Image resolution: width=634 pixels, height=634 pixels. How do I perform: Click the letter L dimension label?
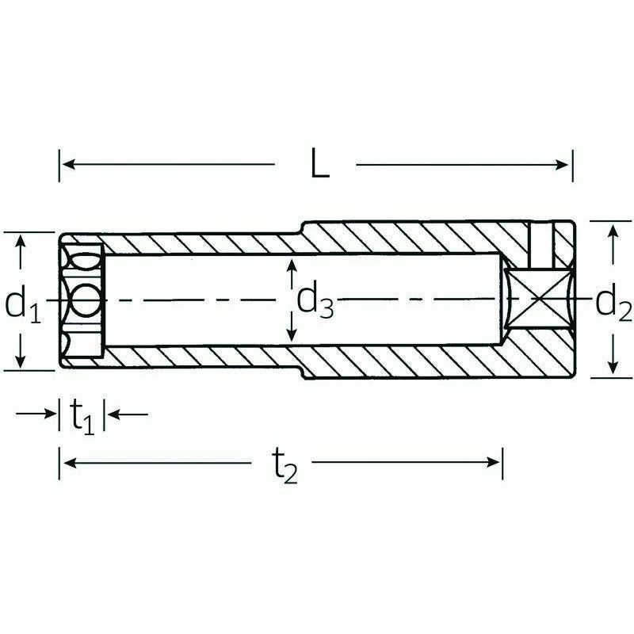(320, 163)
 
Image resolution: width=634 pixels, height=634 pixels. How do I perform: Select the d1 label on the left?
(23, 304)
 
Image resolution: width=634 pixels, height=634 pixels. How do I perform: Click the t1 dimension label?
(82, 416)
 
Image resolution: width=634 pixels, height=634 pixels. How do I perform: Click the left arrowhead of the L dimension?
(69, 165)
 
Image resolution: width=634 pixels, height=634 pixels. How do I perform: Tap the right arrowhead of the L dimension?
(563, 165)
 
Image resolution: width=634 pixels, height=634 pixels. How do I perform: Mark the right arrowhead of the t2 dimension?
(493, 462)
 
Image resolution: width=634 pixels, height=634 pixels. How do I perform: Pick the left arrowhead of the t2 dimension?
(70, 462)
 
